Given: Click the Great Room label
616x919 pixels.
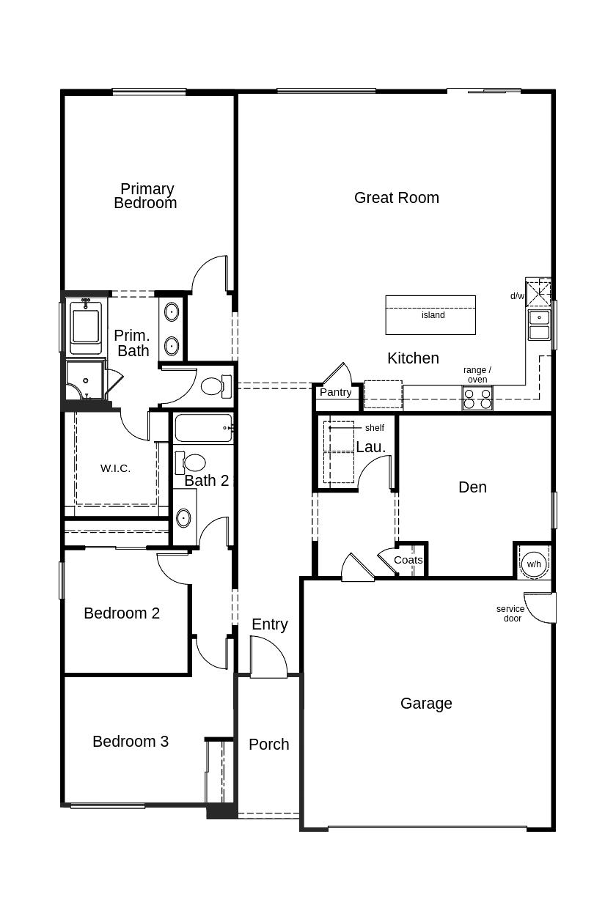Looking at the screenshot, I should [x=396, y=197].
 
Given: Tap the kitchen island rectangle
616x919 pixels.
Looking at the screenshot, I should [x=430, y=315].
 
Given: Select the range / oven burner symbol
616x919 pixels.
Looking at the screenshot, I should [x=477, y=399].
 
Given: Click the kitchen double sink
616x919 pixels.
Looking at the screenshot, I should [x=540, y=325].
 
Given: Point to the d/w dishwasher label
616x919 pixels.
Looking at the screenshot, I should [x=517, y=296].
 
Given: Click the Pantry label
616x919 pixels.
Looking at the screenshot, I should [x=335, y=392].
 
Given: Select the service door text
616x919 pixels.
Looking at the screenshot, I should [x=510, y=613].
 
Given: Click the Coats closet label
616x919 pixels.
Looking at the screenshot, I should [x=408, y=560].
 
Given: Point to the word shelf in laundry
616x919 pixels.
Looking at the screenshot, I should [x=374, y=428].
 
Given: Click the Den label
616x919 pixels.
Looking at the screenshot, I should [x=472, y=487].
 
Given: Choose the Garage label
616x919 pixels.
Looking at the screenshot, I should [x=425, y=704].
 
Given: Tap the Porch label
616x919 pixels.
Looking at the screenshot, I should [x=268, y=745].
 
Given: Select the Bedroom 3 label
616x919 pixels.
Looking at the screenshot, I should [x=131, y=742].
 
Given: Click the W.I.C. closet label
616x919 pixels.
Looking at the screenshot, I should [x=115, y=468].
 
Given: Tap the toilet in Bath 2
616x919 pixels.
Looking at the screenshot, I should [x=194, y=462].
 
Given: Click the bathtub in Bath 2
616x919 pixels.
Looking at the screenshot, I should [x=203, y=427].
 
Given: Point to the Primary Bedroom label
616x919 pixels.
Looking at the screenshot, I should [x=146, y=196].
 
